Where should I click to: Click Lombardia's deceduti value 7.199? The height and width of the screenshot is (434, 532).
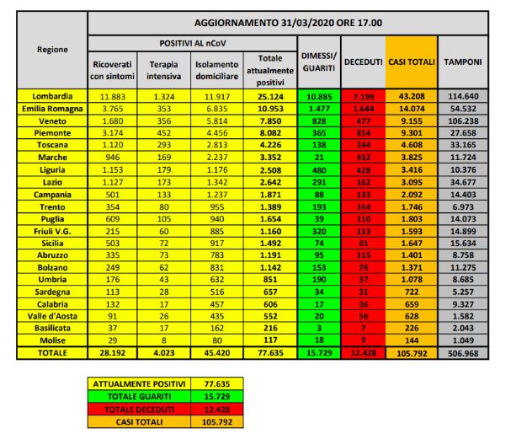(364, 98)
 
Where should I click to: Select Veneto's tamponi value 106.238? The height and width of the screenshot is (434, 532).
(463, 120)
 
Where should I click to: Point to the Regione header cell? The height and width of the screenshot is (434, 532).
(53, 50)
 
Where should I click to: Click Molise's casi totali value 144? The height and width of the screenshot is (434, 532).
(411, 339)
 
